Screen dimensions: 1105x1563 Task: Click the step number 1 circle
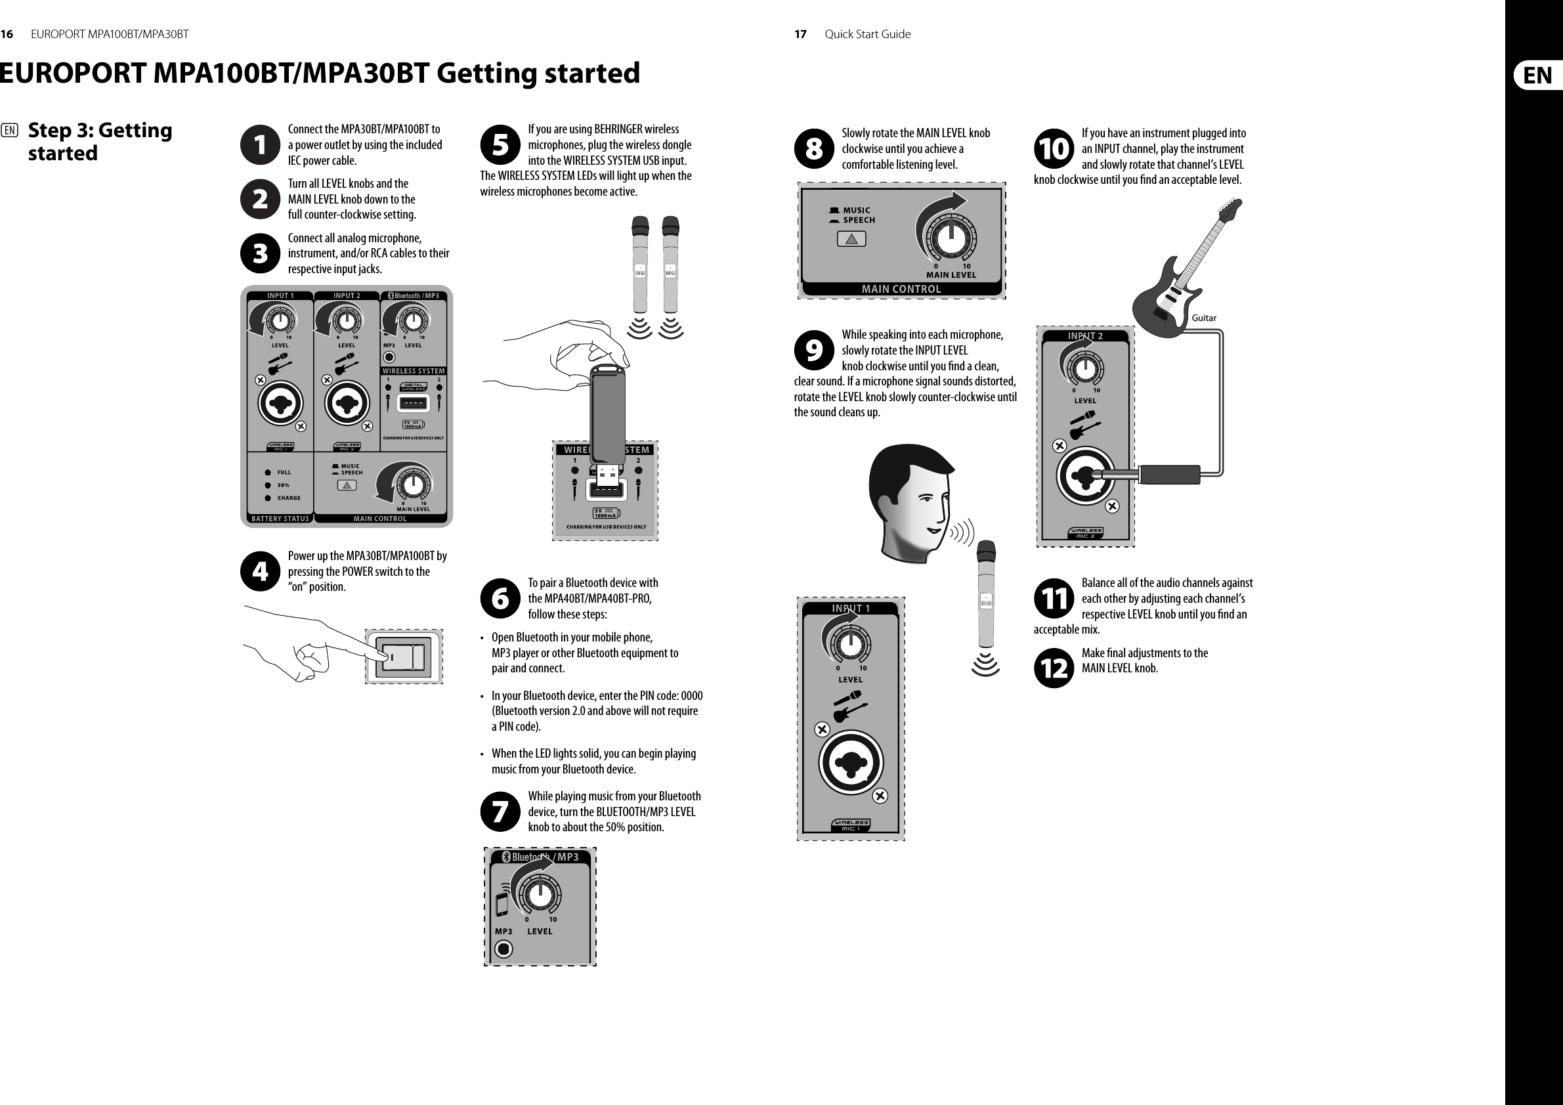(x=260, y=144)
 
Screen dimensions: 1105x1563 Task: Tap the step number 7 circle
(x=500, y=812)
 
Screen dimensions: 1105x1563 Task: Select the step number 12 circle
(x=1054, y=668)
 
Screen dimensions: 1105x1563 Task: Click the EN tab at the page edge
(x=1537, y=75)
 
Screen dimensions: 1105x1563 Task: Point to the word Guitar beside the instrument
(x=1203, y=318)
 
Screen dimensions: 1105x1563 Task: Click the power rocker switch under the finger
(x=403, y=657)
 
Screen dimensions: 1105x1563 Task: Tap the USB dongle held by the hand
(x=608, y=416)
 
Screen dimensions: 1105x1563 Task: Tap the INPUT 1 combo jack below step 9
(x=850, y=761)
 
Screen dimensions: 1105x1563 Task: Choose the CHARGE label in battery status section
(x=289, y=498)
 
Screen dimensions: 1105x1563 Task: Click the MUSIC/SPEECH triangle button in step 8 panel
(x=851, y=239)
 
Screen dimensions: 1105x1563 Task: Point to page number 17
(x=801, y=34)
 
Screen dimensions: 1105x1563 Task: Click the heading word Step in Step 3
(x=51, y=130)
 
